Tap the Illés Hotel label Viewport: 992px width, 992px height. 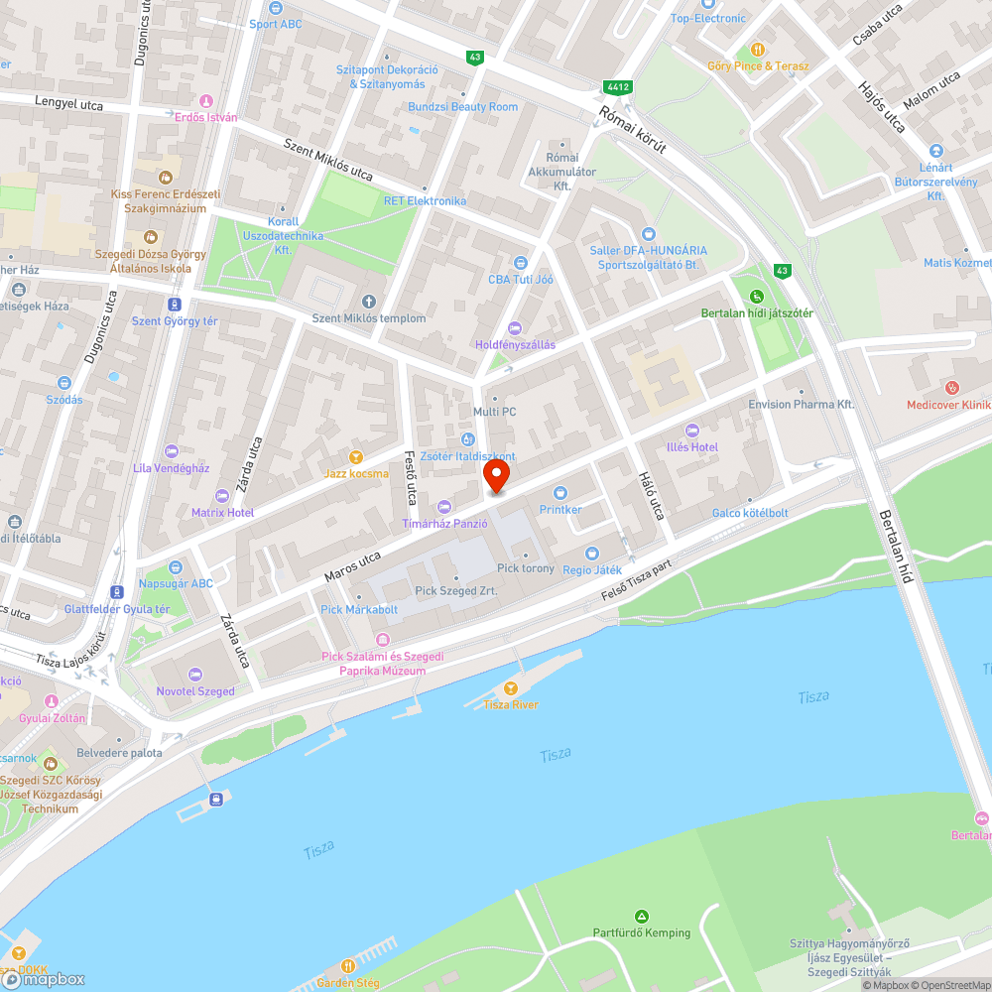point(691,447)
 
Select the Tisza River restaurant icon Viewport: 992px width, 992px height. point(511,688)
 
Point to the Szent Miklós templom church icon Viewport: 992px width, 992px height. point(369,302)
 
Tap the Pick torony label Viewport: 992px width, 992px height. point(526,568)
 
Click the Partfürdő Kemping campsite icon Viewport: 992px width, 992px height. point(642,916)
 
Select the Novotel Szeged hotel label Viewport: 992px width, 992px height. point(195,691)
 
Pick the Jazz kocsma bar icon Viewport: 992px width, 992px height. point(356,457)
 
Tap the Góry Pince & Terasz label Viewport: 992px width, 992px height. point(758,66)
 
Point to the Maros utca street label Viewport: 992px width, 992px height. point(352,566)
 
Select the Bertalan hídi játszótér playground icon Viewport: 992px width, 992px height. point(757,297)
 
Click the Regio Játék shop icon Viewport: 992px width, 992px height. point(592,554)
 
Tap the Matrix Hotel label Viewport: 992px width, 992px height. point(222,512)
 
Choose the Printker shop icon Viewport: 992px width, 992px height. point(560,493)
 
